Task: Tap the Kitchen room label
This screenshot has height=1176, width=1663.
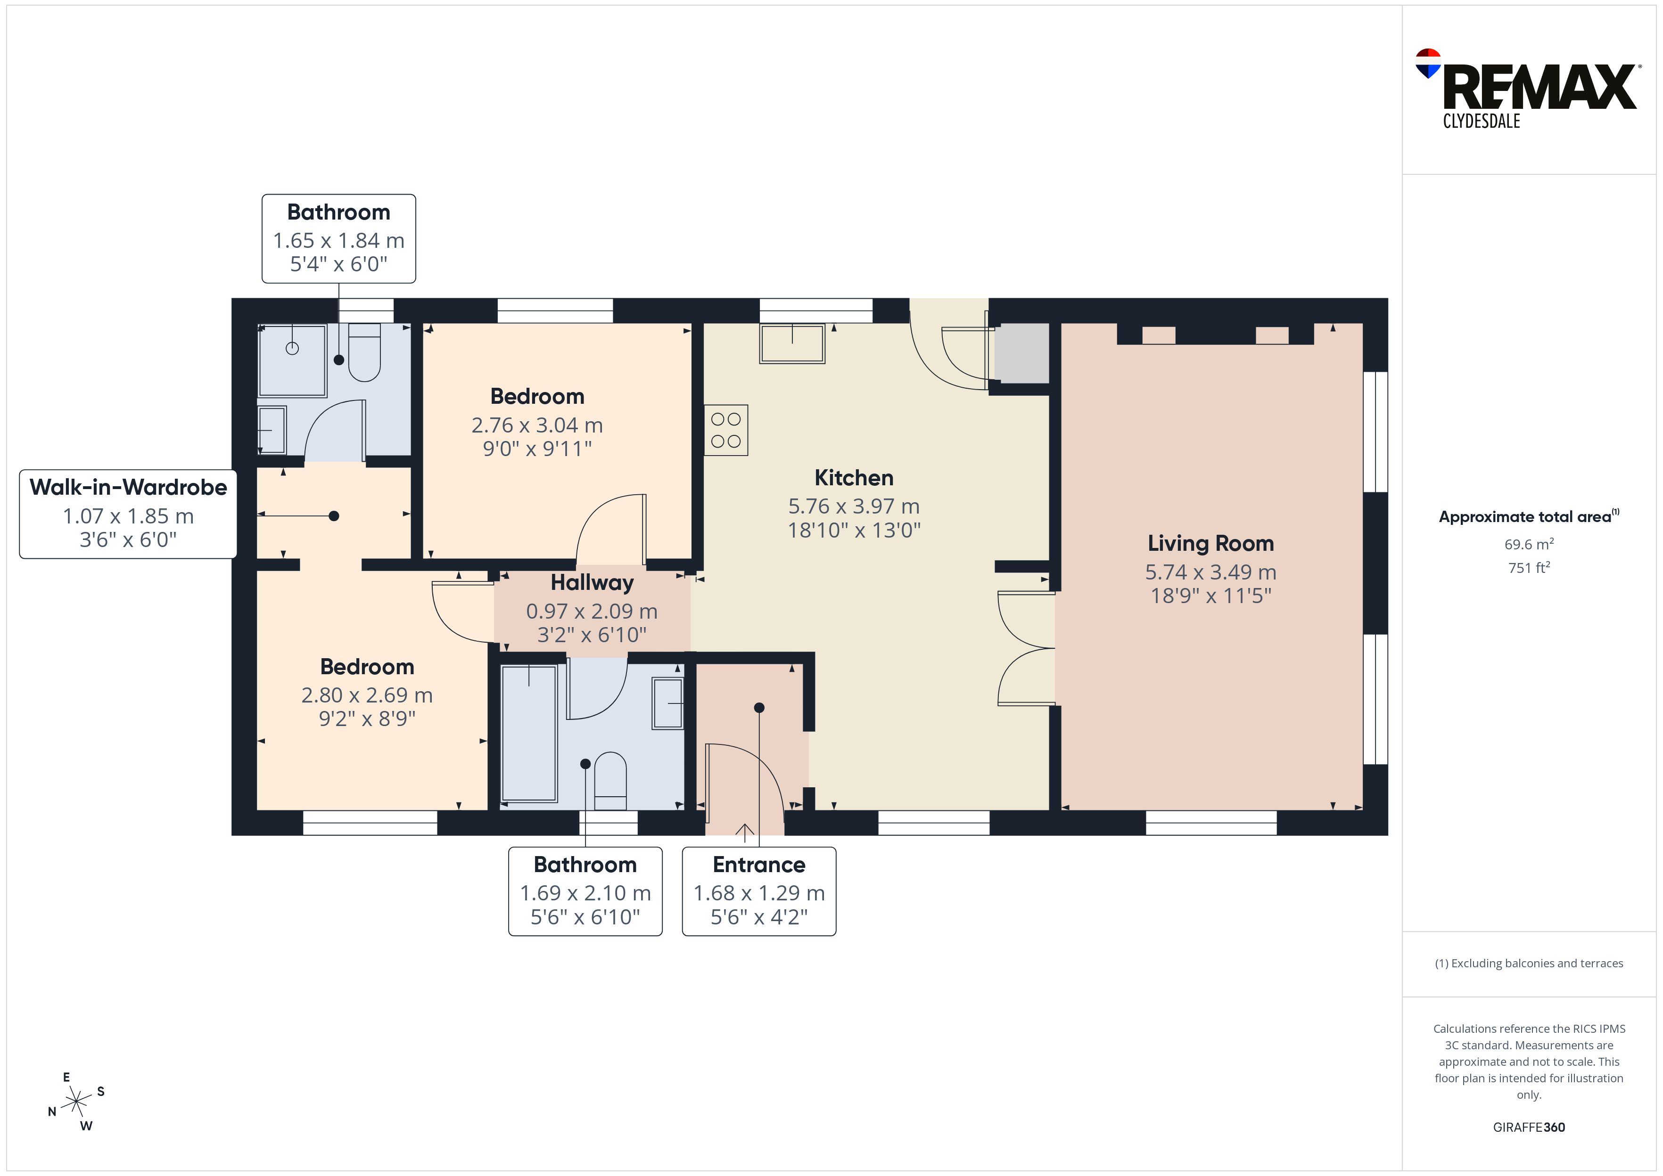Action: (x=854, y=478)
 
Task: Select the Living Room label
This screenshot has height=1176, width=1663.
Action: (x=1210, y=544)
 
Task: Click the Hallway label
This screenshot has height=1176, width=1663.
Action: (x=592, y=583)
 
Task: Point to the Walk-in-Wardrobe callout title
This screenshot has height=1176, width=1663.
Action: (x=128, y=487)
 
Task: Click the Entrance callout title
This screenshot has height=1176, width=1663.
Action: (x=759, y=865)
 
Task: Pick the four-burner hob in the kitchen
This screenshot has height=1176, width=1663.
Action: (x=726, y=430)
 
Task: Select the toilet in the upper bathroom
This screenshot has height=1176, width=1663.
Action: (x=364, y=352)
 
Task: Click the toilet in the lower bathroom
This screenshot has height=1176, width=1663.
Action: (x=610, y=781)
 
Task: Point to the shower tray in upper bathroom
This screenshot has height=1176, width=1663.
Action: (x=293, y=360)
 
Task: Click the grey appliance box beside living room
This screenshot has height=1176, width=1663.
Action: (x=1021, y=353)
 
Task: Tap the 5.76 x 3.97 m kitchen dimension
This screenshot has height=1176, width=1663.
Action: (x=854, y=506)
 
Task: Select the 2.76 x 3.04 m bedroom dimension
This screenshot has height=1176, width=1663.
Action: (x=537, y=425)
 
